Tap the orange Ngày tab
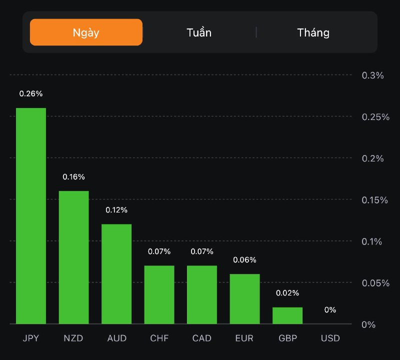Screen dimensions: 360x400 click(x=86, y=32)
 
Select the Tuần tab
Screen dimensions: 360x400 click(x=199, y=32)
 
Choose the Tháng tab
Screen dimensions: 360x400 click(x=313, y=32)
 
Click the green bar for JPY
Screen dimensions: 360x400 click(x=31, y=216)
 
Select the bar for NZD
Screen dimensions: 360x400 click(x=74, y=257)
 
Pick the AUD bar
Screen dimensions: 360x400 click(x=116, y=274)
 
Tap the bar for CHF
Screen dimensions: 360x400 click(x=159, y=294)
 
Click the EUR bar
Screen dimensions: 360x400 click(x=245, y=299)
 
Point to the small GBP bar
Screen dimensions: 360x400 click(x=287, y=315)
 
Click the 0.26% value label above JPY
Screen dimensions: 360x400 click(x=31, y=93)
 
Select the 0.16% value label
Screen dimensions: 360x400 click(x=74, y=176)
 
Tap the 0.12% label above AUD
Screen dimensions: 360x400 click(x=116, y=209)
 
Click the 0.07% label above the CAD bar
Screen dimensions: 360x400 click(x=202, y=251)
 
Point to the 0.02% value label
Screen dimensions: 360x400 click(x=287, y=292)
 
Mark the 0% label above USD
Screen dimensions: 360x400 click(x=330, y=309)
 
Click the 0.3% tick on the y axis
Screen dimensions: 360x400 click(x=372, y=75)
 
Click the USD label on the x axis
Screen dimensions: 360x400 click(x=330, y=338)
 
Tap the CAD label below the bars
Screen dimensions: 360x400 click(x=202, y=338)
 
